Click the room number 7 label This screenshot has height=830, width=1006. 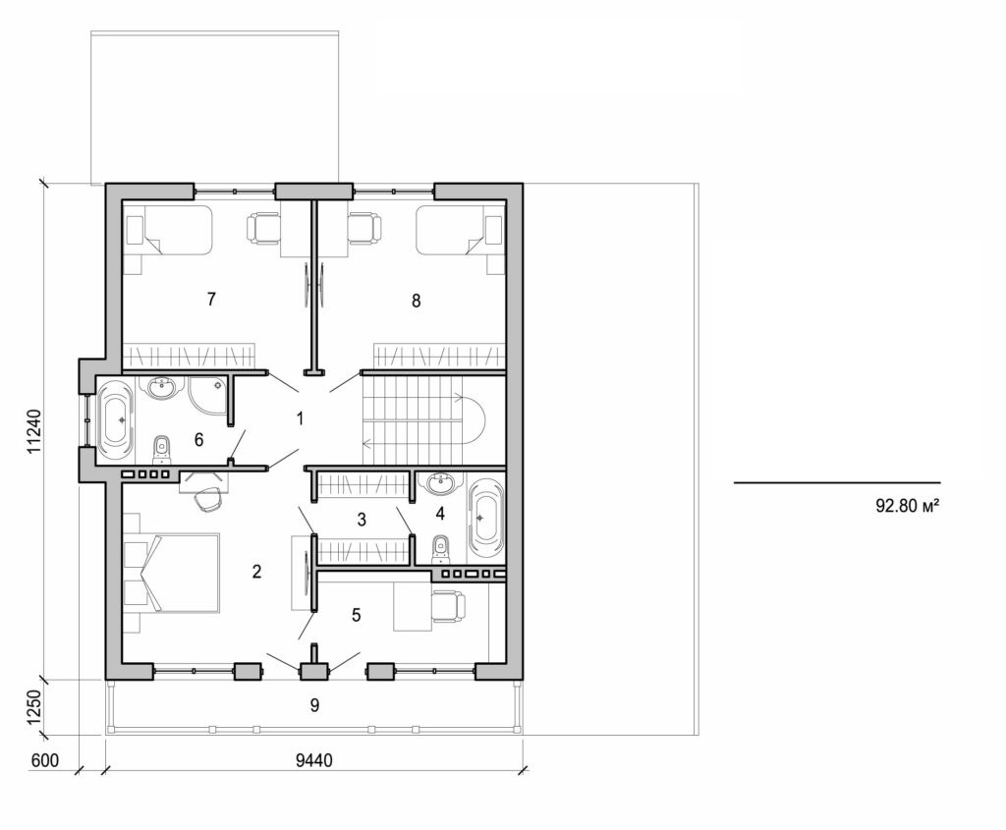tap(211, 300)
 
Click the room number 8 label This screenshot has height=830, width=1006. tap(416, 301)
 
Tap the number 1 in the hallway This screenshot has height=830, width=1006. tap(300, 418)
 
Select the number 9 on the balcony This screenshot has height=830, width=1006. tap(314, 704)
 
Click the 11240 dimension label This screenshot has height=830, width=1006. tap(33, 430)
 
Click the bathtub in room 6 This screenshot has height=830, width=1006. tap(116, 420)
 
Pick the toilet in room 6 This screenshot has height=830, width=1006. tap(163, 450)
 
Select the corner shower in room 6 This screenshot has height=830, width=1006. tap(208, 395)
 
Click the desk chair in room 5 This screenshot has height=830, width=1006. tap(448, 606)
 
